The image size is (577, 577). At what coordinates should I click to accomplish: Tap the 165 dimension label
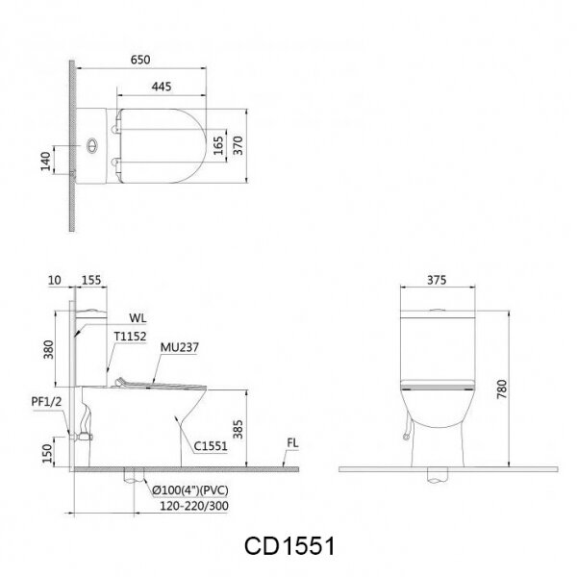tap(218, 145)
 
